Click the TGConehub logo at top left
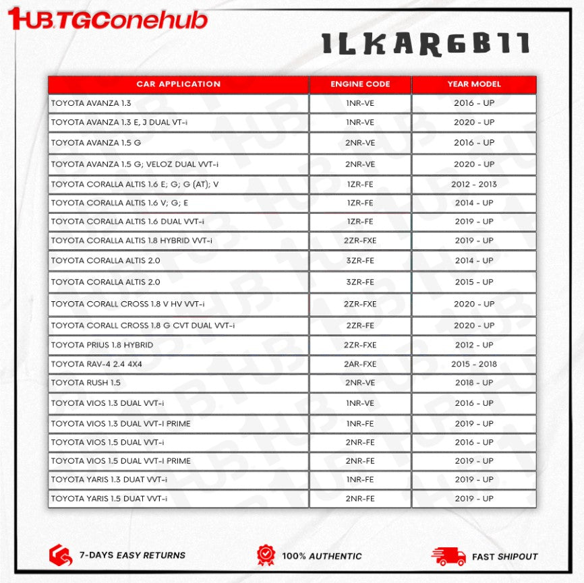(x=108, y=18)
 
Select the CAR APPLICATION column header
(x=178, y=84)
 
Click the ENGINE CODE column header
(x=360, y=84)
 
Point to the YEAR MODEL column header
(x=474, y=84)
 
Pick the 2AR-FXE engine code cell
(x=360, y=364)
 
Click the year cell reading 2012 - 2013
(x=474, y=184)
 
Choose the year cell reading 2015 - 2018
(x=474, y=364)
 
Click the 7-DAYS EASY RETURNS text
(x=132, y=555)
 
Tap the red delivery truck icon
(x=448, y=555)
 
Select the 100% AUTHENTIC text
(x=322, y=556)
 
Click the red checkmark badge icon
(x=266, y=555)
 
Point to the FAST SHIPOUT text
(x=505, y=557)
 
